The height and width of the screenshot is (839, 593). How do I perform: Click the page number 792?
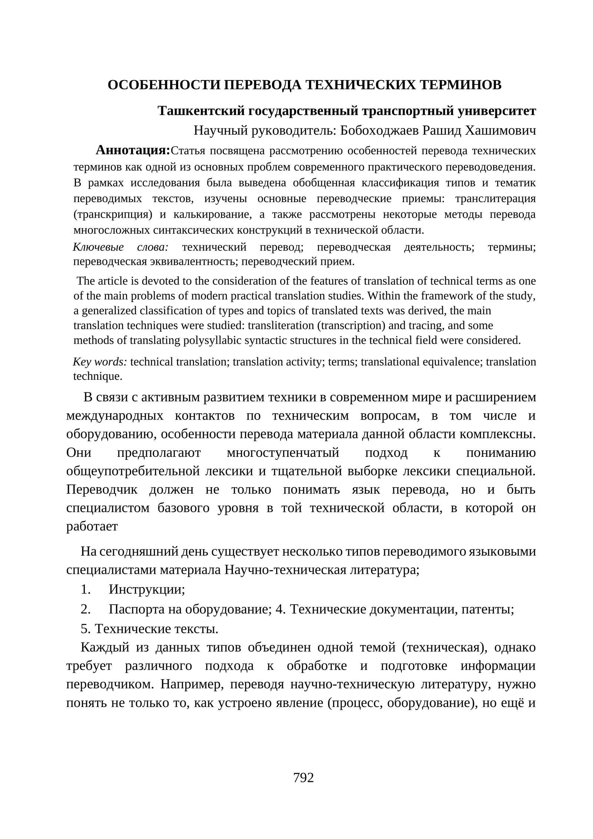(x=303, y=777)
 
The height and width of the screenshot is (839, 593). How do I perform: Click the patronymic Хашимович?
(x=500, y=131)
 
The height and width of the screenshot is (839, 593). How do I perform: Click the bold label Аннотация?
(x=133, y=150)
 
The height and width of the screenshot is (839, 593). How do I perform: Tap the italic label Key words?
(x=100, y=362)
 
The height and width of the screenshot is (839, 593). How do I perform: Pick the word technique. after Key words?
(x=98, y=376)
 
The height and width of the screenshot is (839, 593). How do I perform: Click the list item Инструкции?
(x=147, y=589)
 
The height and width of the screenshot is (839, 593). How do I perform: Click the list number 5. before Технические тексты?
(x=86, y=628)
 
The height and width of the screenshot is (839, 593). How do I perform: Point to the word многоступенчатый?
(x=283, y=453)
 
